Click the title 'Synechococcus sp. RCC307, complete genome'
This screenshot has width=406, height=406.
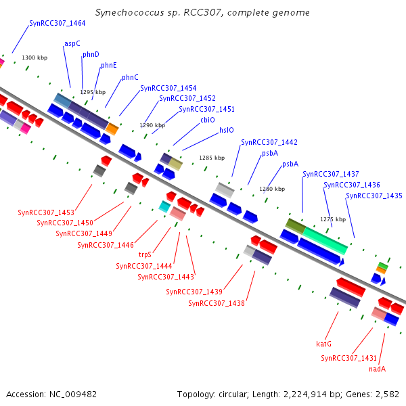click(x=203, y=13)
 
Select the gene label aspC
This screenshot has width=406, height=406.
click(x=72, y=43)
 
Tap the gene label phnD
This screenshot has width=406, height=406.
click(x=91, y=54)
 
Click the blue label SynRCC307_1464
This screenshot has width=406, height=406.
click(x=58, y=23)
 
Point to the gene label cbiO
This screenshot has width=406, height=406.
click(x=207, y=120)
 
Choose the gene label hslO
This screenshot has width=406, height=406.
click(x=226, y=131)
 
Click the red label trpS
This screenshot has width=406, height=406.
click(x=145, y=255)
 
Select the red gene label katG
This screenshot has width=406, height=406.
click(x=323, y=344)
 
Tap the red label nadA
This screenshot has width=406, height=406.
click(x=377, y=369)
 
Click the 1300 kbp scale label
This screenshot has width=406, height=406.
click(x=35, y=58)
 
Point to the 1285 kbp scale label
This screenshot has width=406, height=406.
click(x=211, y=158)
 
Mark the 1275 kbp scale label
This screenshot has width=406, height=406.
click(x=333, y=219)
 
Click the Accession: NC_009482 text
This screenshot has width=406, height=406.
click(x=51, y=394)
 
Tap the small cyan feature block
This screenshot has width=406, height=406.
click(x=164, y=206)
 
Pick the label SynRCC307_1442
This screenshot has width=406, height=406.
click(x=269, y=142)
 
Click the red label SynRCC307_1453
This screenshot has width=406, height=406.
click(x=46, y=212)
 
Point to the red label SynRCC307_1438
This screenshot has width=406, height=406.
click(x=217, y=303)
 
